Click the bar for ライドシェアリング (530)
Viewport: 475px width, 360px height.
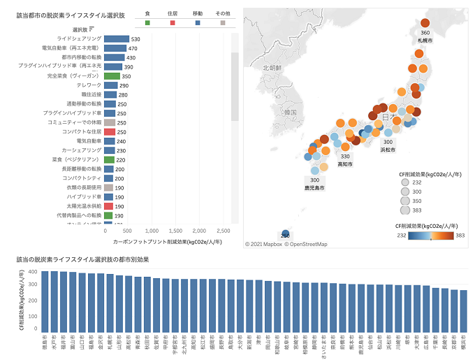pos(116,39)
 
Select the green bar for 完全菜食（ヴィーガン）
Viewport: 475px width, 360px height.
pos(112,75)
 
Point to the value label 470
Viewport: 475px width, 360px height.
pos(132,48)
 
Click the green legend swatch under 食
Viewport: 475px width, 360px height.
pos(147,23)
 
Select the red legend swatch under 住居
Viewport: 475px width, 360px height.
pos(173,23)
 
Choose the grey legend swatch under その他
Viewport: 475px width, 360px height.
pos(223,23)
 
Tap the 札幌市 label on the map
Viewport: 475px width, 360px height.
pos(425,41)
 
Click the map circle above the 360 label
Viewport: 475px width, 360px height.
pos(425,23)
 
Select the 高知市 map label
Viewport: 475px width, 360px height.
pos(345,165)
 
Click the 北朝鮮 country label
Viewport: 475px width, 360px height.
pos(272,68)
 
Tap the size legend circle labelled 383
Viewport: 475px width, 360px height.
pos(404,210)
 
